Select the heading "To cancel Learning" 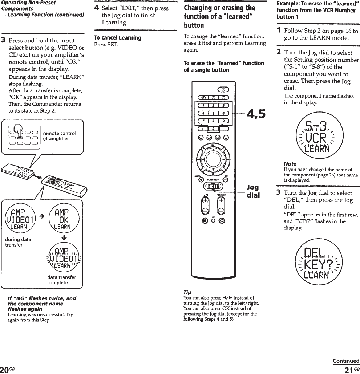pos(112,38)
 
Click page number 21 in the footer pos(350,370)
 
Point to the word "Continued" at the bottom pos(346,361)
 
